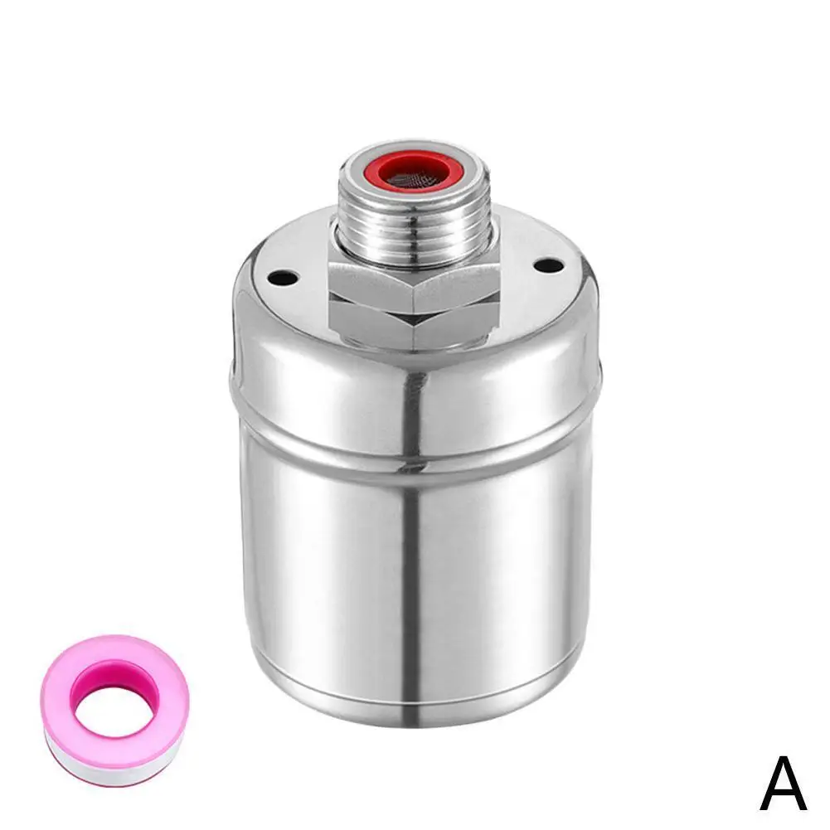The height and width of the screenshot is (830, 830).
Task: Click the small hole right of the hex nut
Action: tap(546, 266)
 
